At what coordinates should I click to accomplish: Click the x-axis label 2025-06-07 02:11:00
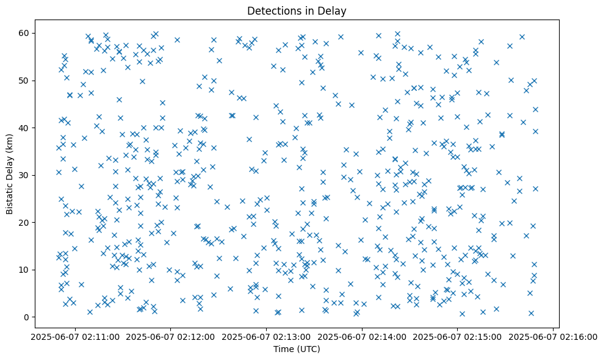pos(75,336)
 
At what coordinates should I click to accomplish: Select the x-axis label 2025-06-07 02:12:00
pos(171,336)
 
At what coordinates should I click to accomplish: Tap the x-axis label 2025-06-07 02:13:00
pos(267,336)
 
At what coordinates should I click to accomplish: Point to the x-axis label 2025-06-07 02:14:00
pos(362,336)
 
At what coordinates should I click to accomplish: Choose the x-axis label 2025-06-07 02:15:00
pos(458,336)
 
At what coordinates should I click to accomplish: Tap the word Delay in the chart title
pos(334,10)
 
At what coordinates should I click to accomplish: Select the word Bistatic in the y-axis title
pos(10,196)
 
